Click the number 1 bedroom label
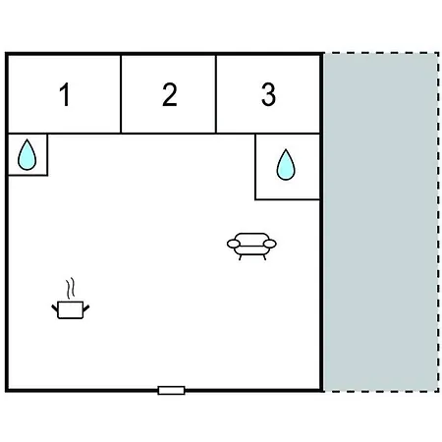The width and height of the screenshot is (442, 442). pyautogui.click(x=65, y=94)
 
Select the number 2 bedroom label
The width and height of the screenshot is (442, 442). pyautogui.click(x=170, y=94)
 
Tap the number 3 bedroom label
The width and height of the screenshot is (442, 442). pyautogui.click(x=268, y=94)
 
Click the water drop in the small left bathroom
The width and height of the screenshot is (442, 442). pyautogui.click(x=27, y=155)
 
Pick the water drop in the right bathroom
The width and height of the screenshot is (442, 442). pyautogui.click(x=286, y=165)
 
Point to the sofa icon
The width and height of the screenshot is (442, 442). pyautogui.click(x=251, y=247)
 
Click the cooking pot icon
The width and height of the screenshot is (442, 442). pyautogui.click(x=71, y=309)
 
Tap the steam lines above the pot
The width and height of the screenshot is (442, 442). pyautogui.click(x=71, y=288)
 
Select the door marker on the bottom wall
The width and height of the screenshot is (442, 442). pyautogui.click(x=171, y=390)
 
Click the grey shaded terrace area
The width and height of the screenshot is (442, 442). pyautogui.click(x=381, y=222)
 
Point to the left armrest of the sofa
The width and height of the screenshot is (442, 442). pyautogui.click(x=234, y=244)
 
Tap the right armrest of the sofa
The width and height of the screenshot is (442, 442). pyautogui.click(x=270, y=244)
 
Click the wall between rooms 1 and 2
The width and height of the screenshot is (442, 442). pyautogui.click(x=121, y=94)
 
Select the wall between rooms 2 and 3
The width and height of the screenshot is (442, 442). pyautogui.click(x=216, y=94)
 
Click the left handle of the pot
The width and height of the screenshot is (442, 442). pyautogui.click(x=55, y=307)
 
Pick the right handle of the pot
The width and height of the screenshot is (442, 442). pyautogui.click(x=86, y=307)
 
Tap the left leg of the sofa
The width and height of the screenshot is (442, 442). pyautogui.click(x=241, y=257)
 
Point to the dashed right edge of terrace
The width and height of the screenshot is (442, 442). pyautogui.click(x=438, y=222)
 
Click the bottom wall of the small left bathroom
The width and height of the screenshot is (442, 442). pyautogui.click(x=28, y=175)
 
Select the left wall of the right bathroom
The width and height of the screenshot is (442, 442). pyautogui.click(x=255, y=166)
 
